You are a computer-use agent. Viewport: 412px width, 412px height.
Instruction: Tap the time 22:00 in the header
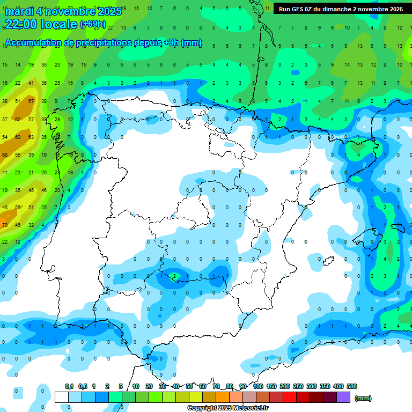pos(21,24)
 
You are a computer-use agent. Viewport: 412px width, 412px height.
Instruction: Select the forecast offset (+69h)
pos(93,24)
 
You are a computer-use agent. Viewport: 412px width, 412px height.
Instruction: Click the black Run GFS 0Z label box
pos(341,9)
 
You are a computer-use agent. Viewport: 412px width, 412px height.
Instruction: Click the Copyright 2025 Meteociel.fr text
pos(228,408)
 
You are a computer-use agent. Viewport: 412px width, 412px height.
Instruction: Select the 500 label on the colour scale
pos(352,386)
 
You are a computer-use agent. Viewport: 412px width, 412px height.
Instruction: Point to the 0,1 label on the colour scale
pos(69,386)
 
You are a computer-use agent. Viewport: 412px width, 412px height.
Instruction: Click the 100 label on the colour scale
pos(257,386)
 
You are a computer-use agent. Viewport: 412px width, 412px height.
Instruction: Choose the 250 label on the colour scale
pos(298,386)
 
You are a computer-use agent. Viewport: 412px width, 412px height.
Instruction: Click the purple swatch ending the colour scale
pos(344,397)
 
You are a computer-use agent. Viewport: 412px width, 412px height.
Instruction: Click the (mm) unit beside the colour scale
pos(363,398)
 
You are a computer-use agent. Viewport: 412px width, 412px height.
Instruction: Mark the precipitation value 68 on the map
pos(5,154)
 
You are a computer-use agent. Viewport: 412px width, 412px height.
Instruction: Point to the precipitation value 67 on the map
pos(31,101)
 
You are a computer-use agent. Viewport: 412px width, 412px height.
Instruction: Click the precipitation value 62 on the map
pos(18,119)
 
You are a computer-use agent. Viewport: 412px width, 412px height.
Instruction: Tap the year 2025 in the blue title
pos(110,11)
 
